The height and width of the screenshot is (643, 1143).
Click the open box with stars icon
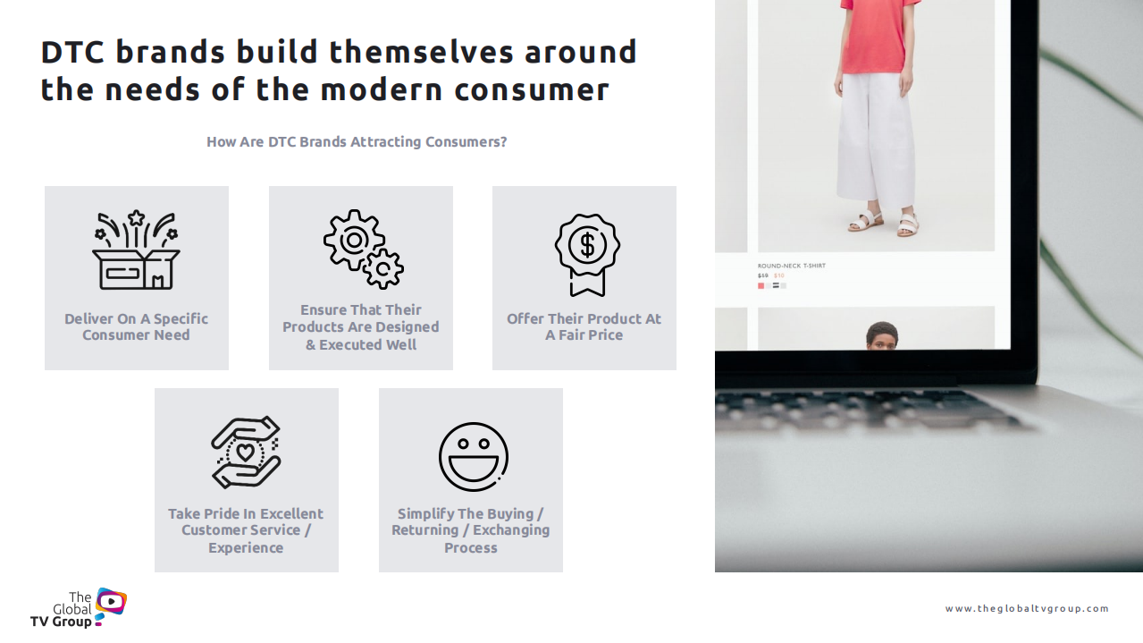(136, 250)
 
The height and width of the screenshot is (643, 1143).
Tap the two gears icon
(364, 250)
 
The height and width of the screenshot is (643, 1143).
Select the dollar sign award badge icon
(587, 255)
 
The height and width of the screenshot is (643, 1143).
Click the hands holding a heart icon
(246, 453)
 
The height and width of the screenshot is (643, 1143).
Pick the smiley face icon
(474, 457)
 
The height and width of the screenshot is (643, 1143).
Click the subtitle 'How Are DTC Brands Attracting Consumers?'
(357, 141)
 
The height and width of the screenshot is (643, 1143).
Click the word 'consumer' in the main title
(532, 90)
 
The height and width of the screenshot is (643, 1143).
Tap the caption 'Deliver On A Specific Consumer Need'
(136, 326)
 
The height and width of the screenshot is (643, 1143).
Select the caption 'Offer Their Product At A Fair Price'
(584, 326)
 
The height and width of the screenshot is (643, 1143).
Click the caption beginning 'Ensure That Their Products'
(361, 327)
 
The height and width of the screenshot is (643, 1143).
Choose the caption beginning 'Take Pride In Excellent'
(246, 530)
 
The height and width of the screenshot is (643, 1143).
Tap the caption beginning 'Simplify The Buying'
(470, 530)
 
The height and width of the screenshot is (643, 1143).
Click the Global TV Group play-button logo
(111, 603)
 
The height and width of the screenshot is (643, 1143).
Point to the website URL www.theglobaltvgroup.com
(1027, 608)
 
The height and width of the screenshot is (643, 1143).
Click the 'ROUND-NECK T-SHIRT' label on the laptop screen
(792, 266)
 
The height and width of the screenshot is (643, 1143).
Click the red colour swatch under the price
(761, 286)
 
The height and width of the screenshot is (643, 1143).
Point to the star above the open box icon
(136, 218)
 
